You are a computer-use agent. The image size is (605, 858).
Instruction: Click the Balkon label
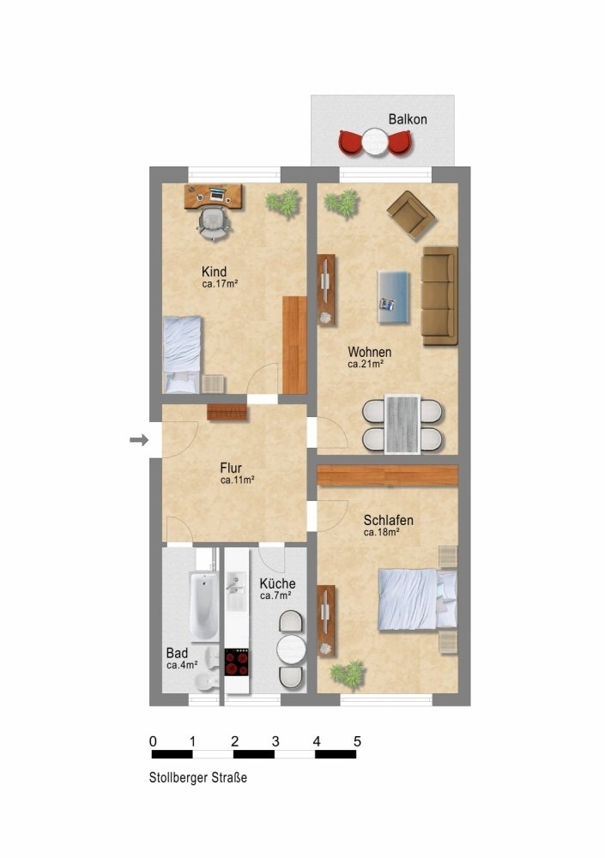point(408,119)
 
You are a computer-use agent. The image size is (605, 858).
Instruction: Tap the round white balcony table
point(375,142)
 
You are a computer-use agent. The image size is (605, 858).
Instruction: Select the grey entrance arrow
point(139,439)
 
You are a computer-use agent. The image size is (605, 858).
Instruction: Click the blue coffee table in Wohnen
point(393,297)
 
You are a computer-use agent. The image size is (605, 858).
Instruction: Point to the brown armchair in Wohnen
point(411,214)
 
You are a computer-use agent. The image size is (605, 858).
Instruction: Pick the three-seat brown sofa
point(439,295)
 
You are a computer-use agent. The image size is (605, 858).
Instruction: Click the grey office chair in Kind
point(213,224)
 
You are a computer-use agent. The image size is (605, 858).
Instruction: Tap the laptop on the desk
point(217,194)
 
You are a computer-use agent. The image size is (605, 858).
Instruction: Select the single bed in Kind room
point(181,354)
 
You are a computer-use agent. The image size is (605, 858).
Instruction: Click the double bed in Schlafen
point(417,599)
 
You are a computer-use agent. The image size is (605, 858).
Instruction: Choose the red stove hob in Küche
point(237,662)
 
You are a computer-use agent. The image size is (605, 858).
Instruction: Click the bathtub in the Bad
point(203,605)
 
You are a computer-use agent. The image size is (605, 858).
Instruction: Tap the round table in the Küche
point(291,650)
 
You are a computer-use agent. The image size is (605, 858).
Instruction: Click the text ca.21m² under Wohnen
point(366,364)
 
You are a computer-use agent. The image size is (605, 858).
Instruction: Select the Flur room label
point(231,468)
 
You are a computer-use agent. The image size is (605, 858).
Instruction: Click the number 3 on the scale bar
point(275,741)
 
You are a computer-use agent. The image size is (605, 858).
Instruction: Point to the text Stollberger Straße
point(198,777)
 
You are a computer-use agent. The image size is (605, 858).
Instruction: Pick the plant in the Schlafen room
point(348,674)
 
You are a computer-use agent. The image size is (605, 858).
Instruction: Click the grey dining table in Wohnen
point(402,424)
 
